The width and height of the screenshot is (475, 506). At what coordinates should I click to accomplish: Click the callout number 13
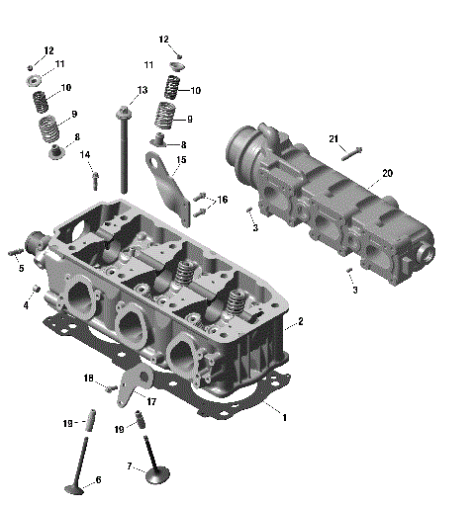[142, 90]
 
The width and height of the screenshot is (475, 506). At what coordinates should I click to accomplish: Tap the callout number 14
[85, 155]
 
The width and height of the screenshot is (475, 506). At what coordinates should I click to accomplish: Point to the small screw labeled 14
[95, 180]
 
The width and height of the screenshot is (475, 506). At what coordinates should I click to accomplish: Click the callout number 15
[181, 160]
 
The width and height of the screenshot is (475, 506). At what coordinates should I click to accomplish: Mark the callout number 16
[223, 200]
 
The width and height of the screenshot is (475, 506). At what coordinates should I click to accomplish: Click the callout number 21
[333, 138]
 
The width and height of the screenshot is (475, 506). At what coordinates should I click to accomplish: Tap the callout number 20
[387, 173]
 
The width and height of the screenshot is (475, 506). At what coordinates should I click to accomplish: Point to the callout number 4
[26, 305]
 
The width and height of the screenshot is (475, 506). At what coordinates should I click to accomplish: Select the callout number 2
[300, 322]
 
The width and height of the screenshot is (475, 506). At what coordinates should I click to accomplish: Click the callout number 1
[285, 418]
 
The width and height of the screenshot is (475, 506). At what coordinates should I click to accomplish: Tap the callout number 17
[151, 401]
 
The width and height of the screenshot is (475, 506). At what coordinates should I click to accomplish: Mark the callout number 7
[129, 465]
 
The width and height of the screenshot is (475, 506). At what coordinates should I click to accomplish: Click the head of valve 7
[158, 477]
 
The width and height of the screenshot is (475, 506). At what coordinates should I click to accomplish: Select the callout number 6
[98, 480]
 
